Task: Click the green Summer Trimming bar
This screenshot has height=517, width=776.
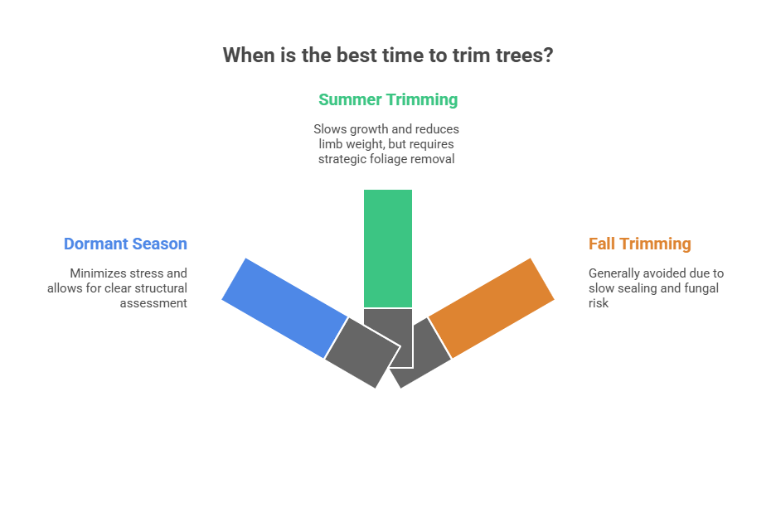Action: click(x=387, y=248)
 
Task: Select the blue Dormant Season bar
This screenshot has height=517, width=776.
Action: click(x=284, y=307)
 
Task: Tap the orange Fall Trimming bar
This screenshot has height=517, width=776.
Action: click(x=491, y=307)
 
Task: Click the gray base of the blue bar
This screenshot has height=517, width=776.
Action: click(x=361, y=352)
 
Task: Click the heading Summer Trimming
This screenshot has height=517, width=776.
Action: click(x=388, y=100)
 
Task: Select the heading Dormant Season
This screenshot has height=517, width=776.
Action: click(x=125, y=244)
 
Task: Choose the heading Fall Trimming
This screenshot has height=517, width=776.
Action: click(x=639, y=244)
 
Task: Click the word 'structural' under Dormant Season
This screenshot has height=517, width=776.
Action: click(x=162, y=287)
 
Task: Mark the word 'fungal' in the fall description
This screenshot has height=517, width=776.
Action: click(x=701, y=287)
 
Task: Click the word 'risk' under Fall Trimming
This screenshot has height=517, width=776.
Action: click(x=599, y=302)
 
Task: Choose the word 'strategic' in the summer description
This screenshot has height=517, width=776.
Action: click(x=343, y=159)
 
